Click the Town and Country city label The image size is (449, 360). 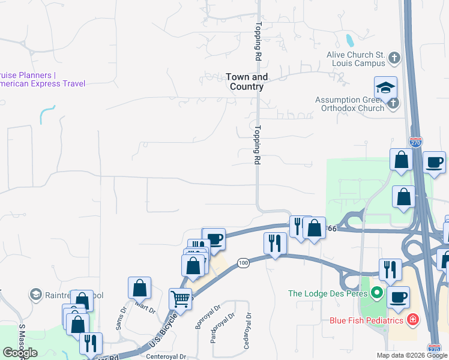click(247, 82)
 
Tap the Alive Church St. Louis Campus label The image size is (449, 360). click(355, 59)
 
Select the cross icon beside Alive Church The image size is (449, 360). click(394, 58)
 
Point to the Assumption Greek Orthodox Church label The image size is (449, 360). click(350, 104)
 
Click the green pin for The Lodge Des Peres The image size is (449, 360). click(376, 293)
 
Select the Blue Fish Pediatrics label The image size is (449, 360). click(367, 320)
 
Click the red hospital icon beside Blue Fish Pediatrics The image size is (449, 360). click(413, 320)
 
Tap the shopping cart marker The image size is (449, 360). click(180, 298)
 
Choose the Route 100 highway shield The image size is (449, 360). click(243, 263)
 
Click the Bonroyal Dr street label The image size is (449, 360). click(200, 320)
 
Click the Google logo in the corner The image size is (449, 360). click(20, 353)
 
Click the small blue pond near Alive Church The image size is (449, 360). click(349, 41)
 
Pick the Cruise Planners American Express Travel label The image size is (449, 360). click(42, 79)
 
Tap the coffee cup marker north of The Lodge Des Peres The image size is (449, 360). click(434, 162)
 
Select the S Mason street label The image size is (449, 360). click(22, 339)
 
